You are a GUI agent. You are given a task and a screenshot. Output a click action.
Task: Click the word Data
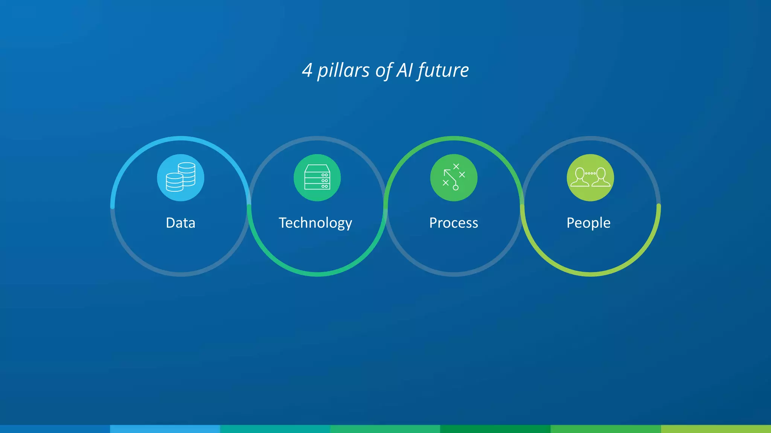pyautogui.click(x=180, y=223)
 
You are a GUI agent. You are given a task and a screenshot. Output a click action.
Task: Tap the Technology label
pyautogui.click(x=315, y=223)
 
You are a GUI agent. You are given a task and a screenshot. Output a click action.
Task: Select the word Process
pyautogui.click(x=454, y=223)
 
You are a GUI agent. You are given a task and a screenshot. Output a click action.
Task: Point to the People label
pyautogui.click(x=588, y=223)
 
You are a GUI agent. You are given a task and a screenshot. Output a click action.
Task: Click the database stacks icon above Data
pyautogui.click(x=181, y=177)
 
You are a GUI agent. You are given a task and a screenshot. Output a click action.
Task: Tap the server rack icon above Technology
pyautogui.click(x=317, y=177)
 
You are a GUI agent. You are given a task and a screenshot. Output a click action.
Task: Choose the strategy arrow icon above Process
pyautogui.click(x=454, y=177)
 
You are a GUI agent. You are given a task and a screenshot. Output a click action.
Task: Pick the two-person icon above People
pyautogui.click(x=590, y=177)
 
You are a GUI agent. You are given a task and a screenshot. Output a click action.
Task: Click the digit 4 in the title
pyautogui.click(x=307, y=70)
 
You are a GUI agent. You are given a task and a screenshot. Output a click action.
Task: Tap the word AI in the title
pyautogui.click(x=405, y=70)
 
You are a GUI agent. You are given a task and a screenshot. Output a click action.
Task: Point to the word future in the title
pyautogui.click(x=443, y=70)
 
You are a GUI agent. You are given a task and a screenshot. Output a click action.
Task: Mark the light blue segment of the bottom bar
pyautogui.click(x=165, y=429)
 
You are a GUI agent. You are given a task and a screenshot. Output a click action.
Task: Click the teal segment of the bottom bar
pyautogui.click(x=275, y=429)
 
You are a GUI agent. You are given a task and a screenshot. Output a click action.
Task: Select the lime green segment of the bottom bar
pyautogui.click(x=716, y=429)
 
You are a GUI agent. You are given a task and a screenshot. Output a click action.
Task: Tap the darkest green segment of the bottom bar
pyautogui.click(x=495, y=429)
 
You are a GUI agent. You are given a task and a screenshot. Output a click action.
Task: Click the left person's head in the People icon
pyautogui.click(x=580, y=173)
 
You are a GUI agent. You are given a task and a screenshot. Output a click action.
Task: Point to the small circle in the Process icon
pyautogui.click(x=456, y=188)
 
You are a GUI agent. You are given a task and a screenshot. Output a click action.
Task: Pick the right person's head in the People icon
pyautogui.click(x=601, y=173)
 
